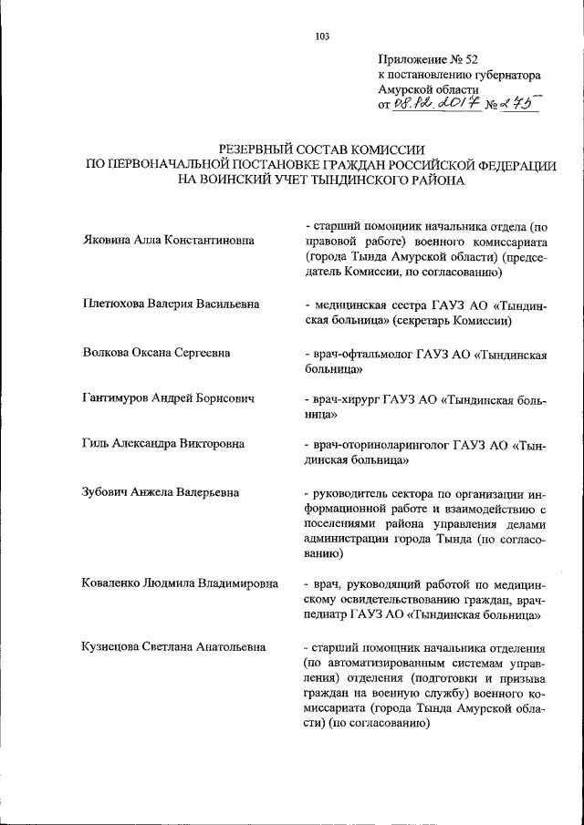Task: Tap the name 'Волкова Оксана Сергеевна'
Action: (x=155, y=352)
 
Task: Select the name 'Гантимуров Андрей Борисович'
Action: (x=167, y=398)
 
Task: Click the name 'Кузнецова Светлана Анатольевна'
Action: (x=172, y=647)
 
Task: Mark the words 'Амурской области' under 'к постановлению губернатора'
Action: (x=427, y=90)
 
